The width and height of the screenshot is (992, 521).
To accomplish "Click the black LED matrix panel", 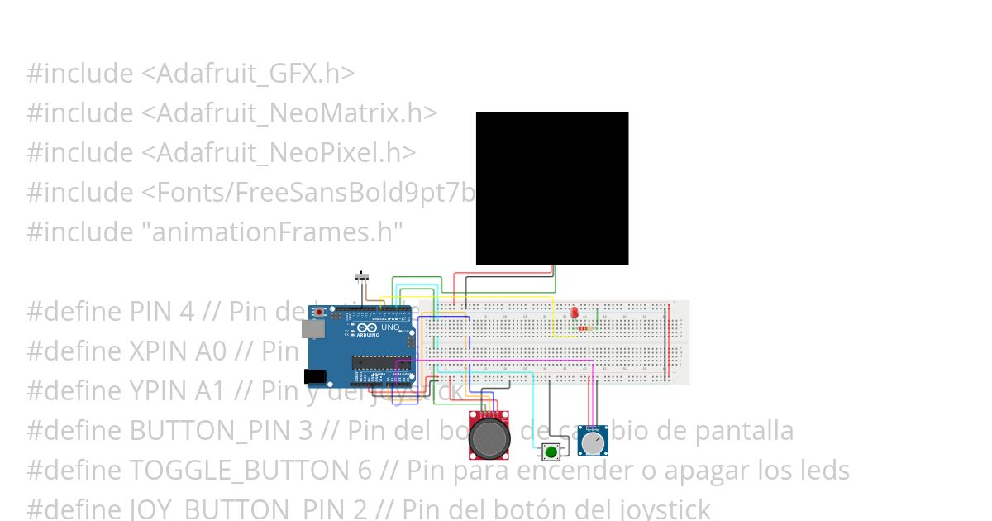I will pyautogui.click(x=551, y=188).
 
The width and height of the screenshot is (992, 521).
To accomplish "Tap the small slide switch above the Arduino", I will pyautogui.click(x=361, y=275).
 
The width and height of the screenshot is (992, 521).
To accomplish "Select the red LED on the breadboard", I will pyautogui.click(x=574, y=313).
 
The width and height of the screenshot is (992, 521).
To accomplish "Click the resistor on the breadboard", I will pyautogui.click(x=584, y=328).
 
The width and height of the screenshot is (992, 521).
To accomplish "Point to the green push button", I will pyautogui.click(x=551, y=452).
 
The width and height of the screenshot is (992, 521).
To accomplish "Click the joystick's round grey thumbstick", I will pyautogui.click(x=489, y=438).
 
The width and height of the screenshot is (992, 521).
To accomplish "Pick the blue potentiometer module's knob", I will pyautogui.click(x=593, y=443).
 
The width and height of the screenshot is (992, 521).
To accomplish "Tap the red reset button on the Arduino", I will pyautogui.click(x=319, y=312).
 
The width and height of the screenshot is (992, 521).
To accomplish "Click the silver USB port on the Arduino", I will pyautogui.click(x=312, y=329).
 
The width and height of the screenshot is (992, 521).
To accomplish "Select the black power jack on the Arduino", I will pyautogui.click(x=314, y=376).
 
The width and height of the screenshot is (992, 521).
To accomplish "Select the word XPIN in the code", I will pyautogui.click(x=160, y=351).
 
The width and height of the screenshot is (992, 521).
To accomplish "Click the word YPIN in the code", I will pyautogui.click(x=160, y=391).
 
